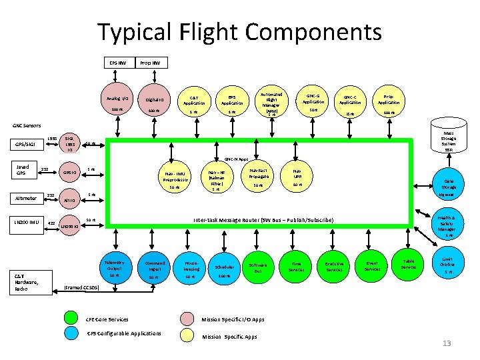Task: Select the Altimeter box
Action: click(x=26, y=197)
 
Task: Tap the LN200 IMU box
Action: click(x=27, y=221)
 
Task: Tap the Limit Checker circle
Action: click(x=449, y=265)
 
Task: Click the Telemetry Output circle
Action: click(x=114, y=268)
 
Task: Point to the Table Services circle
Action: click(x=409, y=265)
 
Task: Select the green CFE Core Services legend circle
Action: click(x=75, y=319)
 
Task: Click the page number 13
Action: click(x=447, y=344)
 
